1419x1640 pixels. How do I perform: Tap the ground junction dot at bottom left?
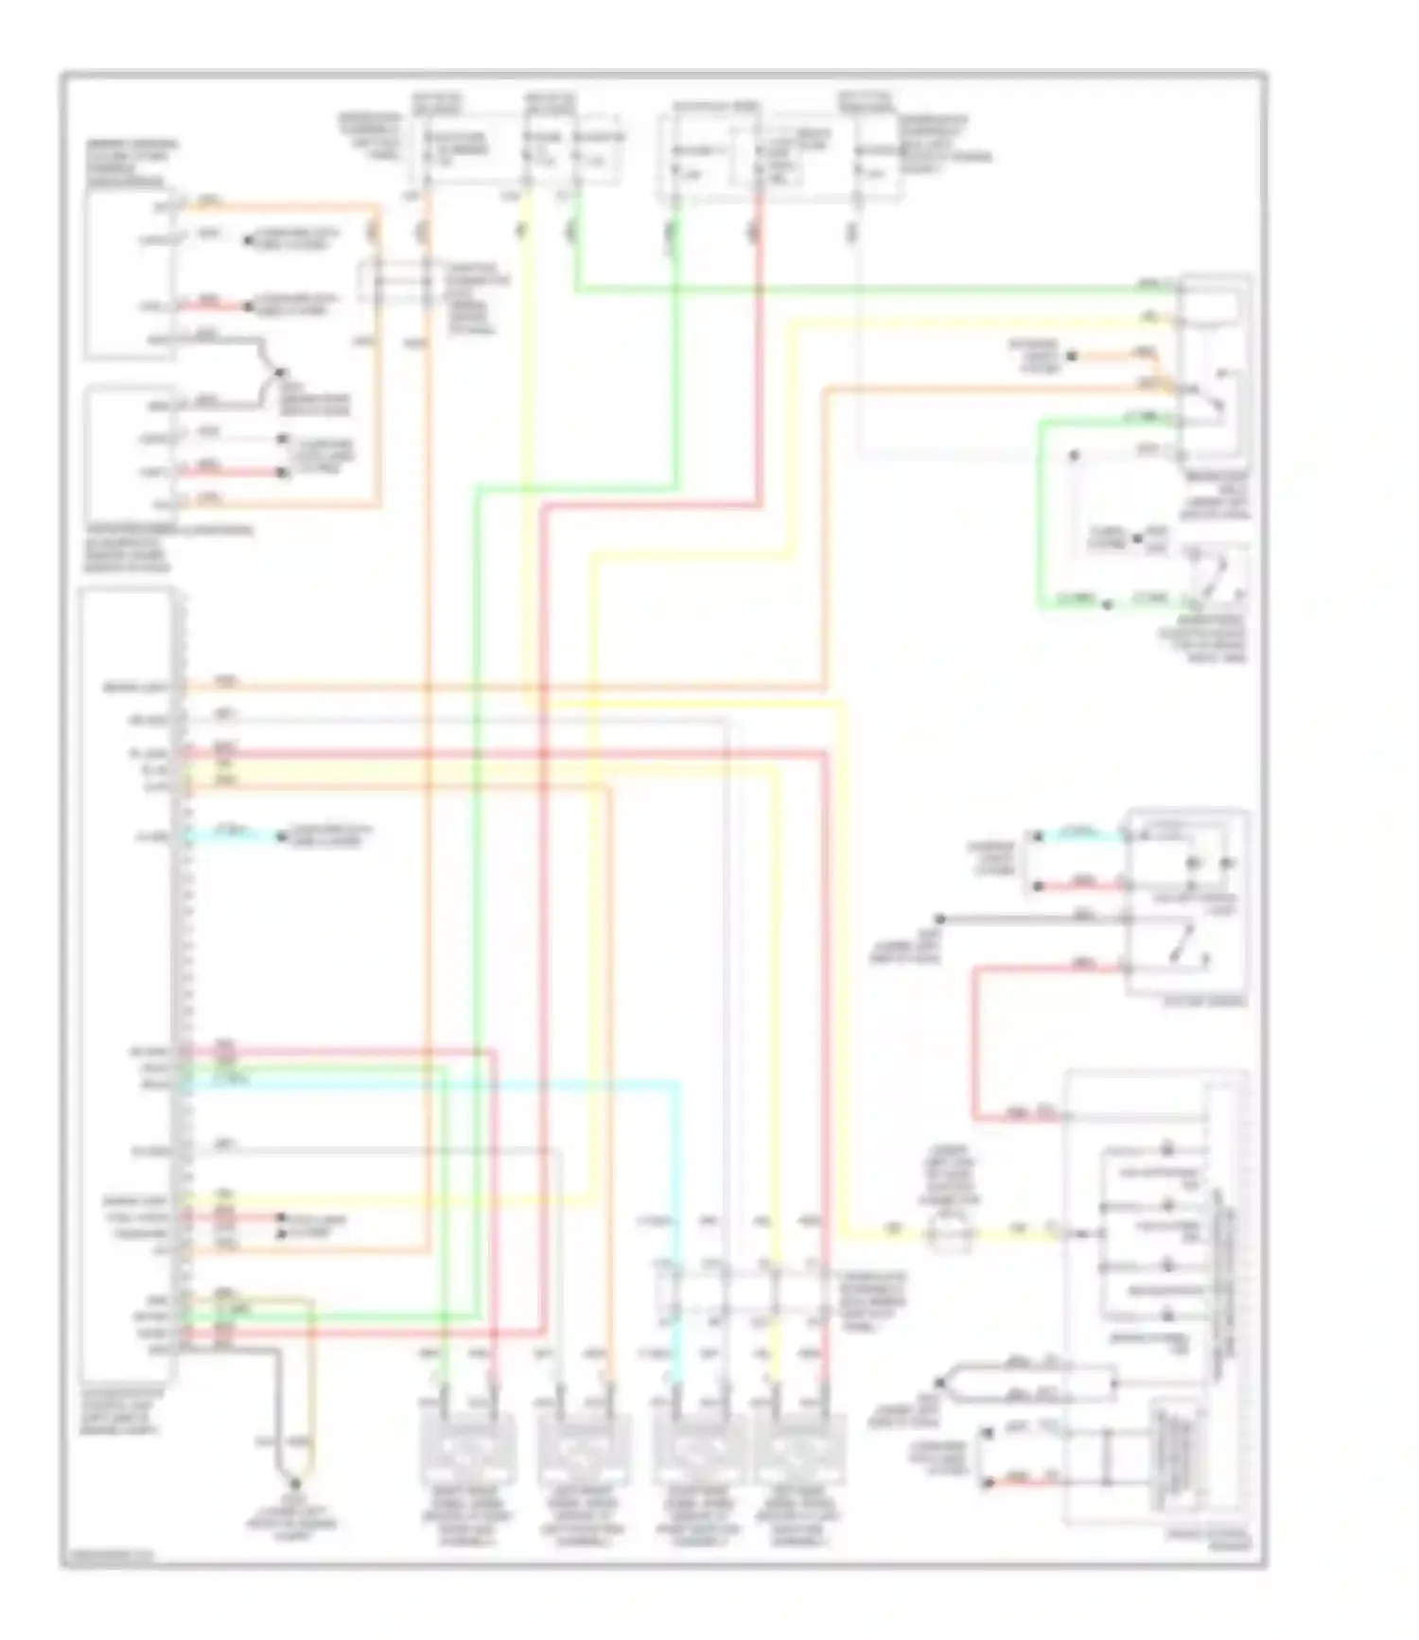295,1484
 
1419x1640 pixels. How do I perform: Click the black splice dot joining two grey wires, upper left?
276,373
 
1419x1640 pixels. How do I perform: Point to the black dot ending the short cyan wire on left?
281,836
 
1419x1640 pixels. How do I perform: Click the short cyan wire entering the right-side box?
1078,835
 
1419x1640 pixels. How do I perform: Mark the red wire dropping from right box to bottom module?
974,1040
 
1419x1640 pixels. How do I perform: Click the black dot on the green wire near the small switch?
1107,602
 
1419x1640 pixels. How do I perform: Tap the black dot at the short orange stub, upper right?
1072,357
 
